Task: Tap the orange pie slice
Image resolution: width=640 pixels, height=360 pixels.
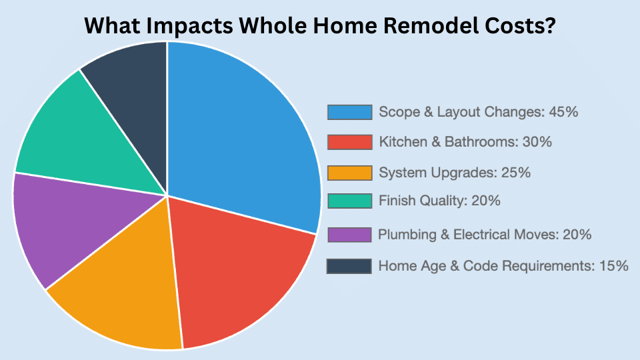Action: [127, 293]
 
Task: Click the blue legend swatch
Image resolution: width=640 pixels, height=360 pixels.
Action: [349, 112]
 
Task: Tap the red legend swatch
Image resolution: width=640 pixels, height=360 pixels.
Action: [349, 142]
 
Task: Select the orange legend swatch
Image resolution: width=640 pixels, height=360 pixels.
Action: [349, 173]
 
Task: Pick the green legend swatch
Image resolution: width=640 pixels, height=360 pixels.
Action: [349, 201]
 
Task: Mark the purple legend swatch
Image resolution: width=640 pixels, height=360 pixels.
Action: [349, 235]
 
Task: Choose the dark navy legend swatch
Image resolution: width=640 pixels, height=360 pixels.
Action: [349, 266]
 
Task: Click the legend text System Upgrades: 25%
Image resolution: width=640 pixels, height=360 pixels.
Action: [455, 173]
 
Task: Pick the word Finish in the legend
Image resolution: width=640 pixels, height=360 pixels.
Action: [396, 201]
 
